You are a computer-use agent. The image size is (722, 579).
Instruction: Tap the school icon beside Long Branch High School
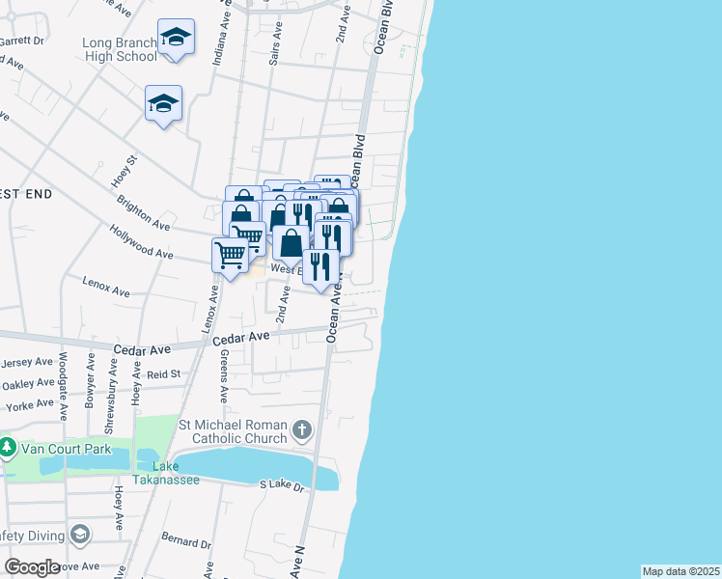176,38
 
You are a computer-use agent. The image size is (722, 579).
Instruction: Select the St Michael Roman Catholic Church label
233,431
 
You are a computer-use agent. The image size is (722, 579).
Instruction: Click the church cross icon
302,430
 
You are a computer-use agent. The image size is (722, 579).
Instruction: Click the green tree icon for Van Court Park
8,449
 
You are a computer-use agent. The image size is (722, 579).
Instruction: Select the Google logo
32,566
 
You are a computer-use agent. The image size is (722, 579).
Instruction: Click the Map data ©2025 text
680,571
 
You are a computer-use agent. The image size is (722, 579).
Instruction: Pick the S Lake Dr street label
282,485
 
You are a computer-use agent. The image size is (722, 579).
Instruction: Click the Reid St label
163,373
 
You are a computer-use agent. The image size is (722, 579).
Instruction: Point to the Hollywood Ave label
141,246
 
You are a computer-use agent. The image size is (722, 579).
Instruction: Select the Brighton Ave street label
143,213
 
